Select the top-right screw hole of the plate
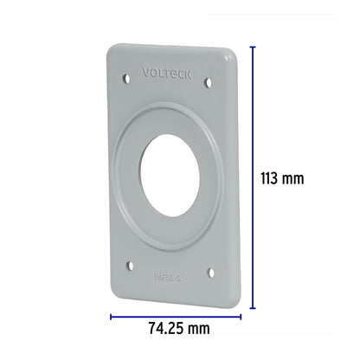[208, 83]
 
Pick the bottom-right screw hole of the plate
[210, 273]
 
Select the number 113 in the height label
[271, 179]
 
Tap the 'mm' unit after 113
[295, 179]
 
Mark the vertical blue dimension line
[253, 177]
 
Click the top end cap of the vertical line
[253, 48]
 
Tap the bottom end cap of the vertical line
[253, 308]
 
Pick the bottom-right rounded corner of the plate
[227, 294]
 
